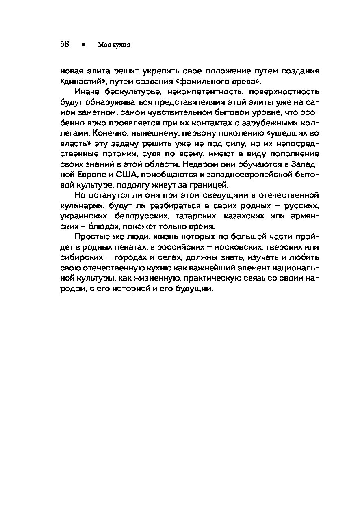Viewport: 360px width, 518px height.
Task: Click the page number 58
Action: pyautogui.click(x=65, y=44)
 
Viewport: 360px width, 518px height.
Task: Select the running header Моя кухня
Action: pyautogui.click(x=114, y=45)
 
